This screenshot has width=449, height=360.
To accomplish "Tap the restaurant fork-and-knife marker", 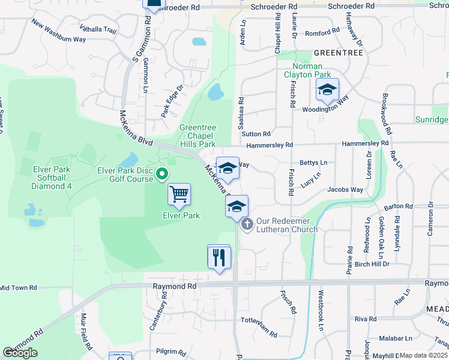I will (x=219, y=257).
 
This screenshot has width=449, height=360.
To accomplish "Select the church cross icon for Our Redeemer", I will (x=247, y=225).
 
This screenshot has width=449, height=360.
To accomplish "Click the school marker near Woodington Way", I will (x=327, y=90).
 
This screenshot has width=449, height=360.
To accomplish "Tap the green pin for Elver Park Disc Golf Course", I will (x=161, y=175).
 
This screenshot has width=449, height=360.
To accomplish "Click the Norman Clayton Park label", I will (x=311, y=70).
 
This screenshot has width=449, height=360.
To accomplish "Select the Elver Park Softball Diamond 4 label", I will (x=51, y=178).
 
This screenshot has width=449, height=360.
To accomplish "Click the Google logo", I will (x=20, y=353).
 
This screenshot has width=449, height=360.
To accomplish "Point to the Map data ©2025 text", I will (x=423, y=355).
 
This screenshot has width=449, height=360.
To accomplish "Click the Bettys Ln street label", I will (x=313, y=163).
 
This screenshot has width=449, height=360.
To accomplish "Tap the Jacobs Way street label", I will (x=345, y=190).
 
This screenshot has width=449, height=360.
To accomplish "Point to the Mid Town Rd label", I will (x=18, y=288).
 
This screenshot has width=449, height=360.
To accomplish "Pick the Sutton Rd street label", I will (x=256, y=134).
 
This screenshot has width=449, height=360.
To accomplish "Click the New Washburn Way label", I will (x=59, y=32).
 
